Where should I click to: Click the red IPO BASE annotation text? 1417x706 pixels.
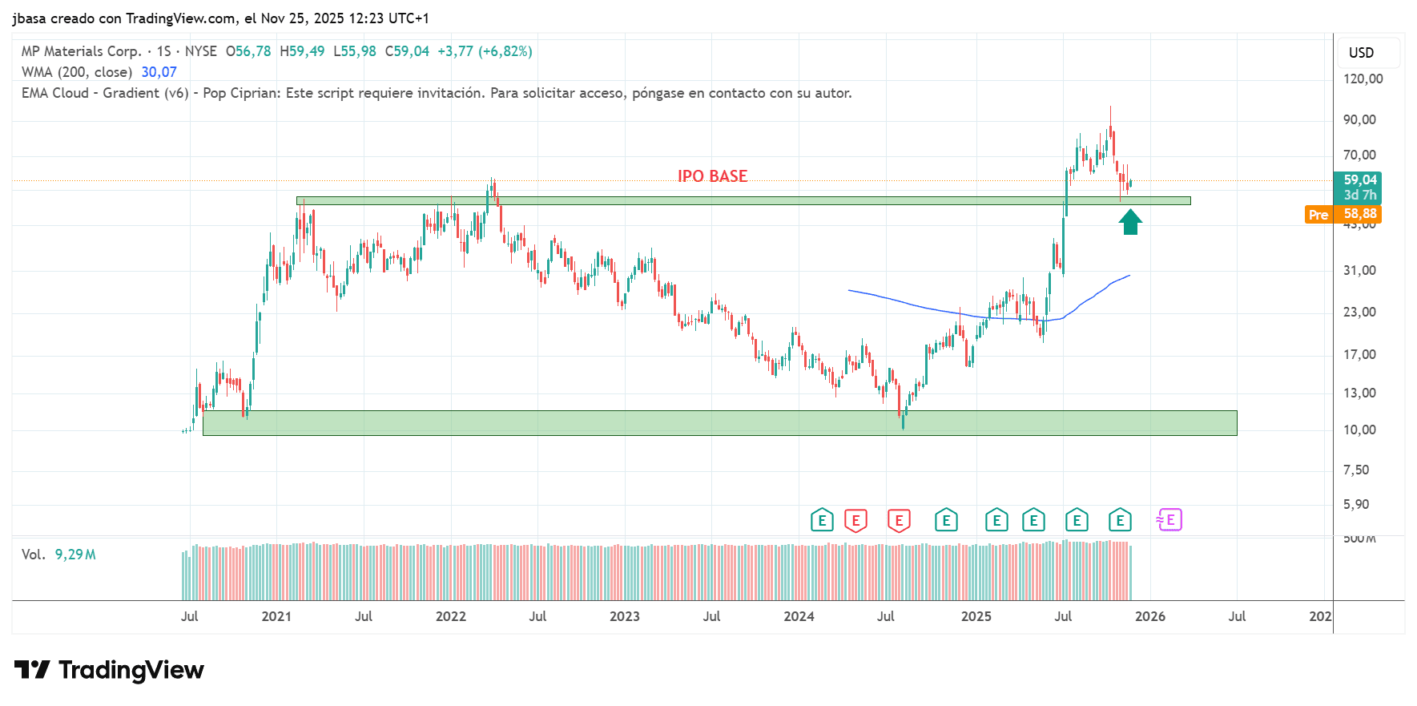pyautogui.click(x=712, y=176)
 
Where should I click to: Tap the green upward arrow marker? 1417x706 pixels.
pyautogui.click(x=1130, y=222)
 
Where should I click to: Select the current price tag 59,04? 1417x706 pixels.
pyautogui.click(x=1359, y=180)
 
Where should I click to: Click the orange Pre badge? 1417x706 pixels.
pyautogui.click(x=1318, y=215)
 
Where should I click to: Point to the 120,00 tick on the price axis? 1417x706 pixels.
pyautogui.click(x=1363, y=79)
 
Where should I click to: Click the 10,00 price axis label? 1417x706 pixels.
pyautogui.click(x=1359, y=430)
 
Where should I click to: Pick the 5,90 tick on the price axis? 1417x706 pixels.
pyautogui.click(x=1356, y=504)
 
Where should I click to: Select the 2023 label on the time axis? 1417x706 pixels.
pyautogui.click(x=624, y=616)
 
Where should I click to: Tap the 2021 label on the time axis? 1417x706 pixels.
pyautogui.click(x=276, y=616)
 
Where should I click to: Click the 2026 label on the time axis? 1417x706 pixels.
pyautogui.click(x=1149, y=616)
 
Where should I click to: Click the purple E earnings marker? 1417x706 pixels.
pyautogui.click(x=1169, y=520)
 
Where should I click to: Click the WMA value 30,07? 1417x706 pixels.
pyautogui.click(x=159, y=72)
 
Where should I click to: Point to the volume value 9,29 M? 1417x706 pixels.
pyautogui.click(x=75, y=555)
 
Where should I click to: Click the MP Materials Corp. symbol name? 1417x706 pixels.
pyautogui.click(x=81, y=51)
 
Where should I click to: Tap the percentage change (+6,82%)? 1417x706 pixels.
pyautogui.click(x=505, y=51)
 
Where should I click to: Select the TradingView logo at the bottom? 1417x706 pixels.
pyautogui.click(x=109, y=670)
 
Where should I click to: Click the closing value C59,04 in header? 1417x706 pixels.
pyautogui.click(x=407, y=51)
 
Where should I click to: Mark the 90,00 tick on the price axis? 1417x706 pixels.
pyautogui.click(x=1359, y=119)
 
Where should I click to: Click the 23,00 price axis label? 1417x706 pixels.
pyautogui.click(x=1359, y=312)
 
